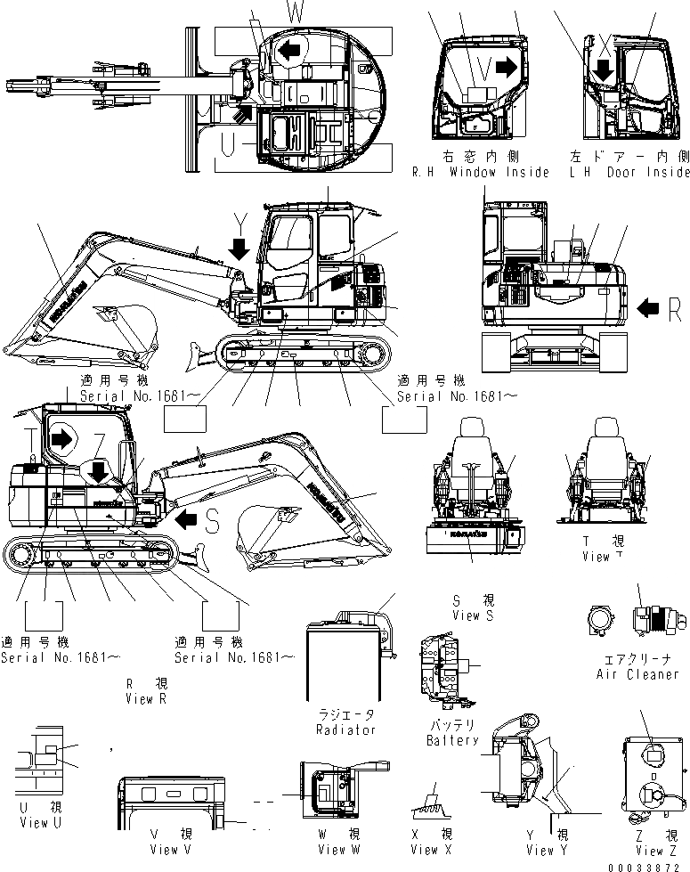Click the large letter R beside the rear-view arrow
(674, 309)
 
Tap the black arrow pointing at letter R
(647, 309)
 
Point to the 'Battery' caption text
(451, 740)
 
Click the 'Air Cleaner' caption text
(637, 674)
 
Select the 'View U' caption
(35, 823)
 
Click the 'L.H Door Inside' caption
(631, 172)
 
